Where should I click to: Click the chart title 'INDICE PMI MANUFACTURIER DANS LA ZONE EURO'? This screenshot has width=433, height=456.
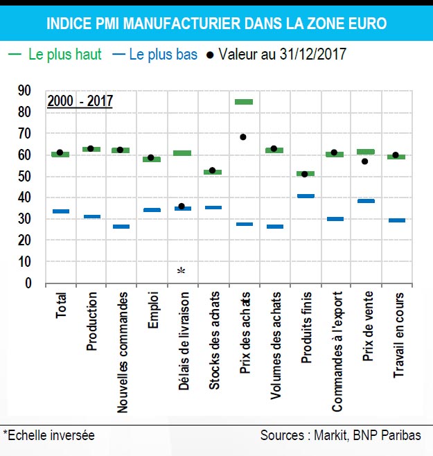216,24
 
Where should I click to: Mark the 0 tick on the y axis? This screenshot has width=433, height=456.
28,283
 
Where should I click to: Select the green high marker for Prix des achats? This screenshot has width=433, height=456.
244,102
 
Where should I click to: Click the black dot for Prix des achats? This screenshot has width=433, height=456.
243,137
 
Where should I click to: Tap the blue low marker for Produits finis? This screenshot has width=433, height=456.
306,196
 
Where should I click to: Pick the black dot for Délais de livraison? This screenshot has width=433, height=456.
182,206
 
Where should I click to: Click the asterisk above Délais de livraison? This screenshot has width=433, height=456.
181,271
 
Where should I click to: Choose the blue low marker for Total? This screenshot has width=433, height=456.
60,211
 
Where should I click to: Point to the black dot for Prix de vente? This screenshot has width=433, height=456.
364,161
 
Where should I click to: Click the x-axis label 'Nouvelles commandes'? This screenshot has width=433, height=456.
122,353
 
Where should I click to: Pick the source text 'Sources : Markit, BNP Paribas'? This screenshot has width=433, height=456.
340,435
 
